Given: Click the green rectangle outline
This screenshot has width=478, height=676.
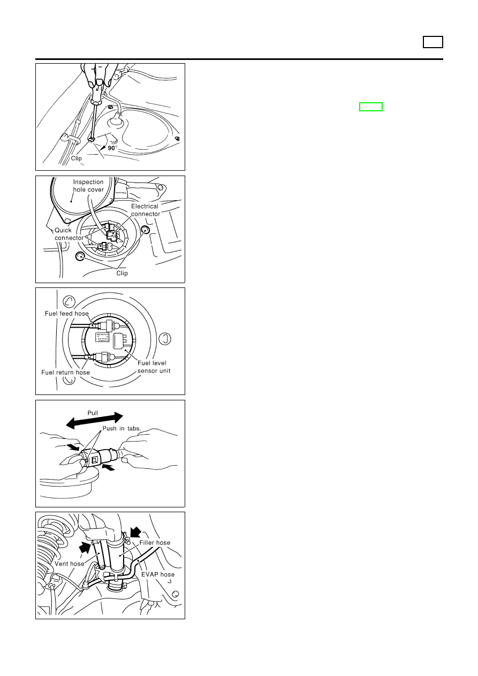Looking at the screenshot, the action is click(x=370, y=107).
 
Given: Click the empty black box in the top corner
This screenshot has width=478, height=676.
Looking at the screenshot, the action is click(x=433, y=42).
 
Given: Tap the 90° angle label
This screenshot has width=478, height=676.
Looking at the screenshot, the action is click(x=112, y=148).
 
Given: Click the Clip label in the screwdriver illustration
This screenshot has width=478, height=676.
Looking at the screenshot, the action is click(x=77, y=158).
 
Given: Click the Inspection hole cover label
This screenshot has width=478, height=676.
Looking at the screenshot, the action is click(x=88, y=186).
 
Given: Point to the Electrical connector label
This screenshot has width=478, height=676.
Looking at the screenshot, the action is click(x=145, y=210).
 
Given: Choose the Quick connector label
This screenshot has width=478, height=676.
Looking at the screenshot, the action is click(x=69, y=234).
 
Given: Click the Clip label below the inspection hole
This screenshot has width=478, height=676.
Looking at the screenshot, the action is click(x=122, y=273).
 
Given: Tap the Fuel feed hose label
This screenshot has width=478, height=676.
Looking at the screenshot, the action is click(x=67, y=314).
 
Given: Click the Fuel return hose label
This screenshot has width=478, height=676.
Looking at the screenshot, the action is click(x=65, y=373).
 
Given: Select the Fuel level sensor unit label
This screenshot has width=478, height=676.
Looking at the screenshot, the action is click(x=154, y=367).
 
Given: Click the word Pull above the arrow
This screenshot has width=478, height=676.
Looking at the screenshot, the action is click(x=93, y=413).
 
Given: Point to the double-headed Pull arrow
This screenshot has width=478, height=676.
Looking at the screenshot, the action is click(x=94, y=420).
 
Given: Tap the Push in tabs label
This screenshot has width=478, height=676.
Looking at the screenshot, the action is click(x=122, y=429).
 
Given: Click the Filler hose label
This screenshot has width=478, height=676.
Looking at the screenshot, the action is click(x=155, y=543).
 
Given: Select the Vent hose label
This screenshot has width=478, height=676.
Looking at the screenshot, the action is click(x=70, y=564).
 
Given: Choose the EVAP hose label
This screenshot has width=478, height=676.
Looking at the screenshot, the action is click(x=158, y=574).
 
